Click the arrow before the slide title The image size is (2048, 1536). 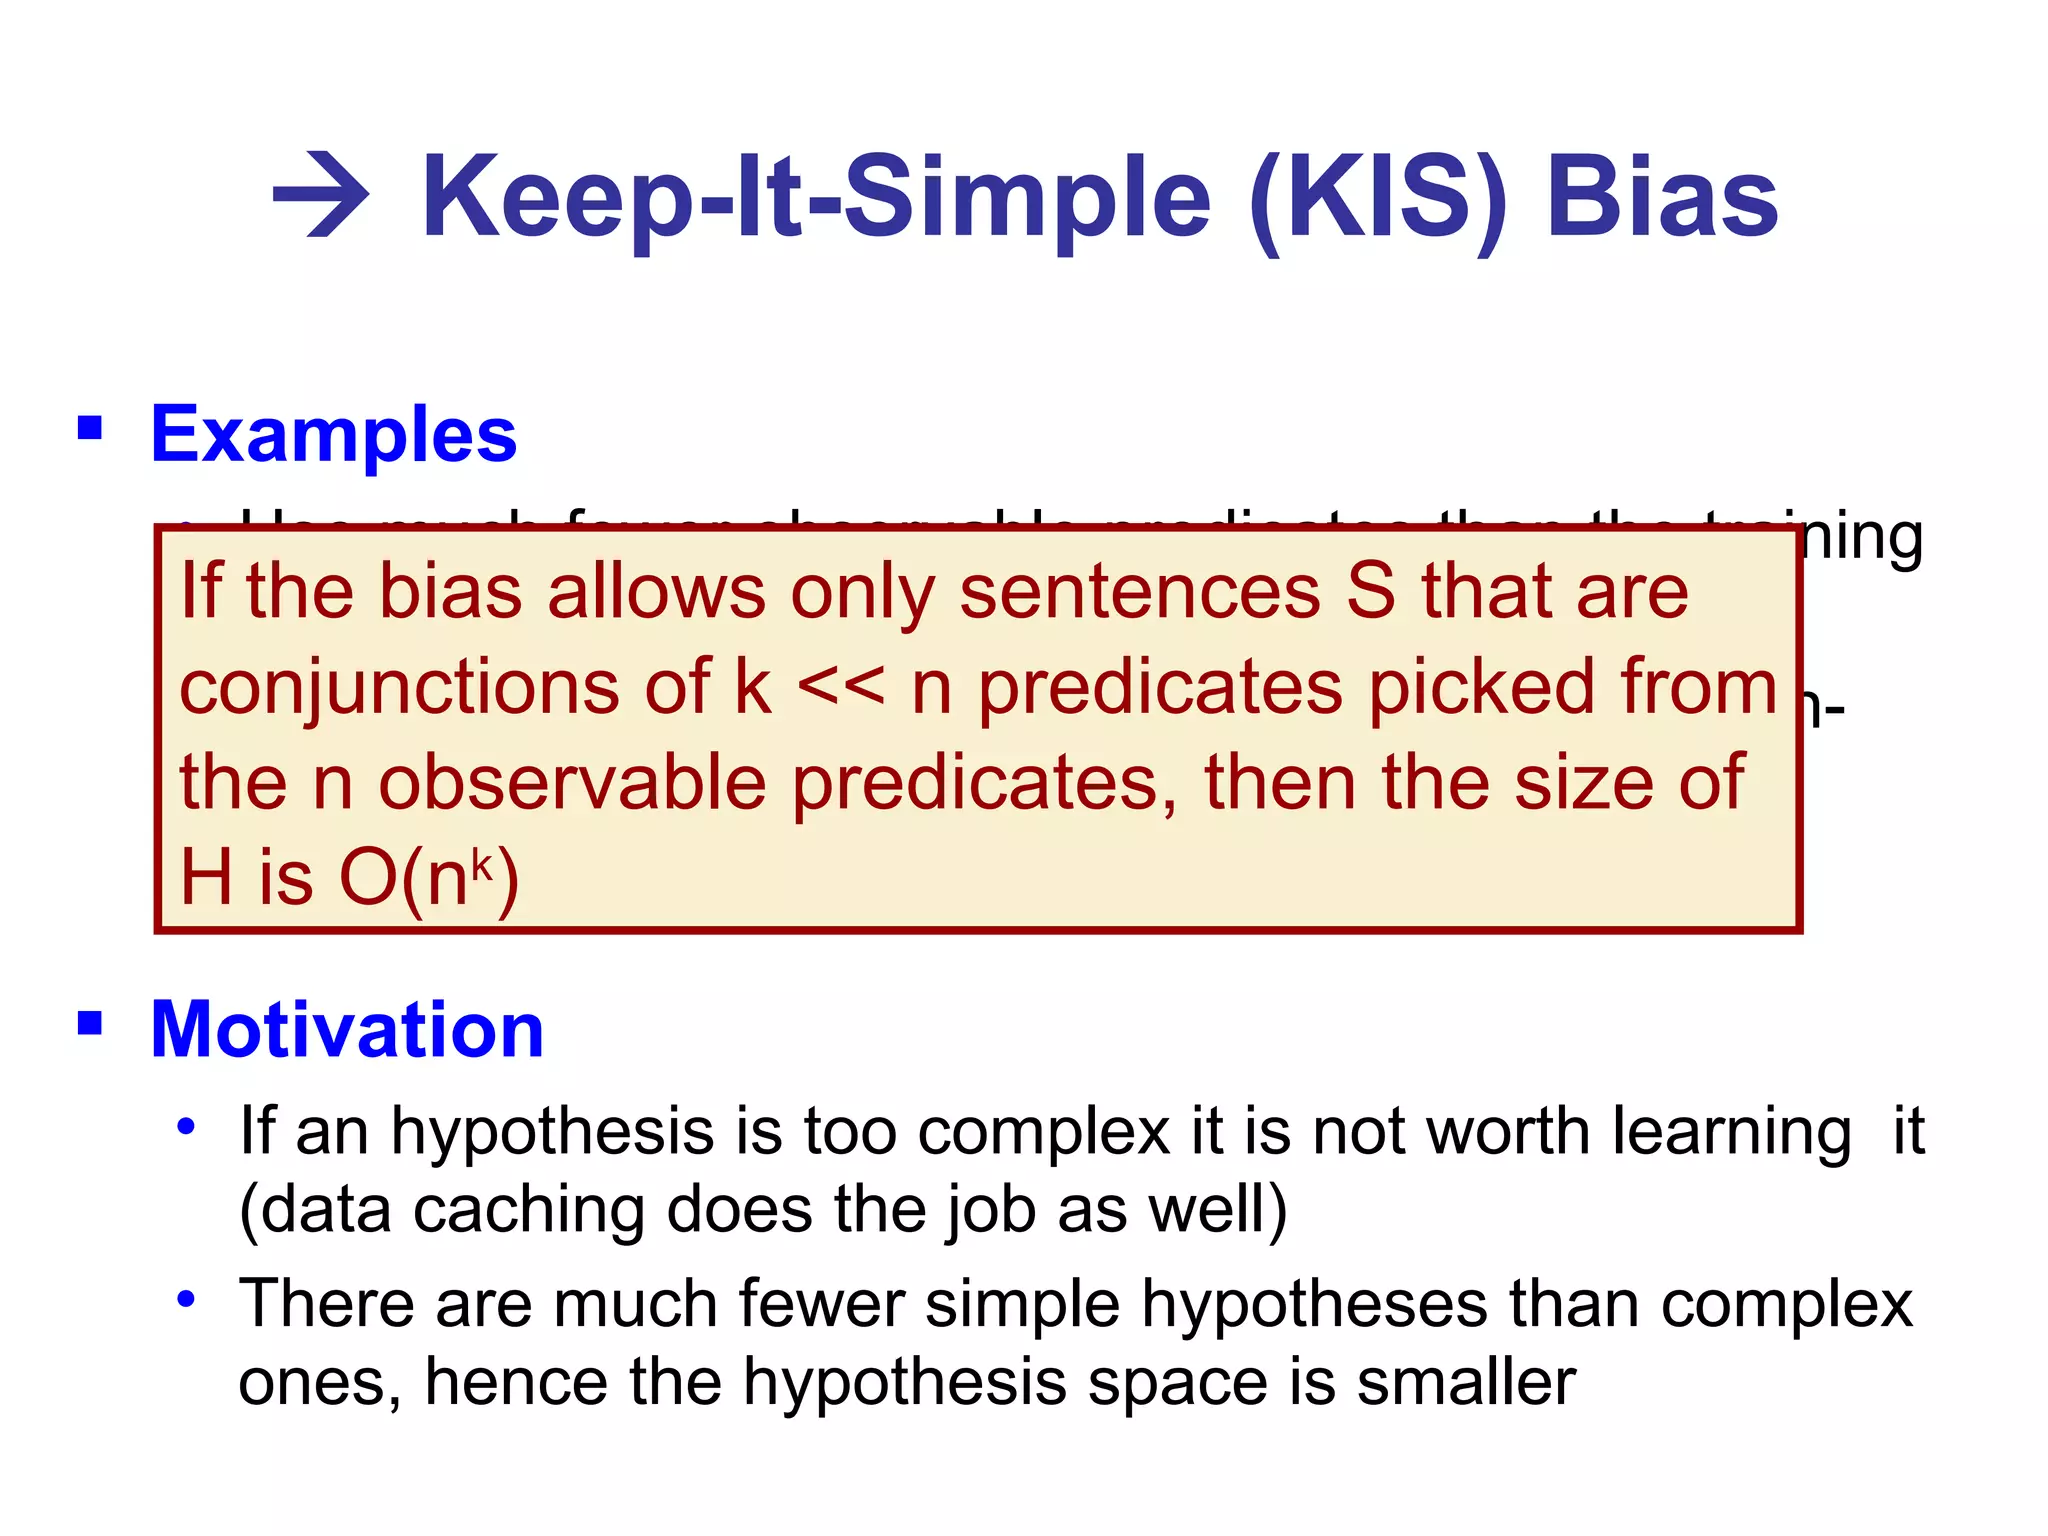[321, 195]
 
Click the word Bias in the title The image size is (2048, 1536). [1662, 197]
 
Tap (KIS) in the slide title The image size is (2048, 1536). [1379, 197]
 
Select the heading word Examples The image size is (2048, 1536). [333, 435]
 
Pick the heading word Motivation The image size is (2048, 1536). [346, 1029]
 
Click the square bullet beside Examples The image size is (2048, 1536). [90, 429]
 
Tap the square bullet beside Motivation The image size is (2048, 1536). [90, 1023]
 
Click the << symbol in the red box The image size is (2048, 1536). [841, 687]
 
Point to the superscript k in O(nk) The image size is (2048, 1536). [483, 863]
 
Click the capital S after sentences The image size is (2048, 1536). [1370, 591]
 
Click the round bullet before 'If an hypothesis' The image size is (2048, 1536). [185, 1127]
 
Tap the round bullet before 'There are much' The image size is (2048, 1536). [185, 1299]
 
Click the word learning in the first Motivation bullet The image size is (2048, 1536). [1732, 1133]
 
